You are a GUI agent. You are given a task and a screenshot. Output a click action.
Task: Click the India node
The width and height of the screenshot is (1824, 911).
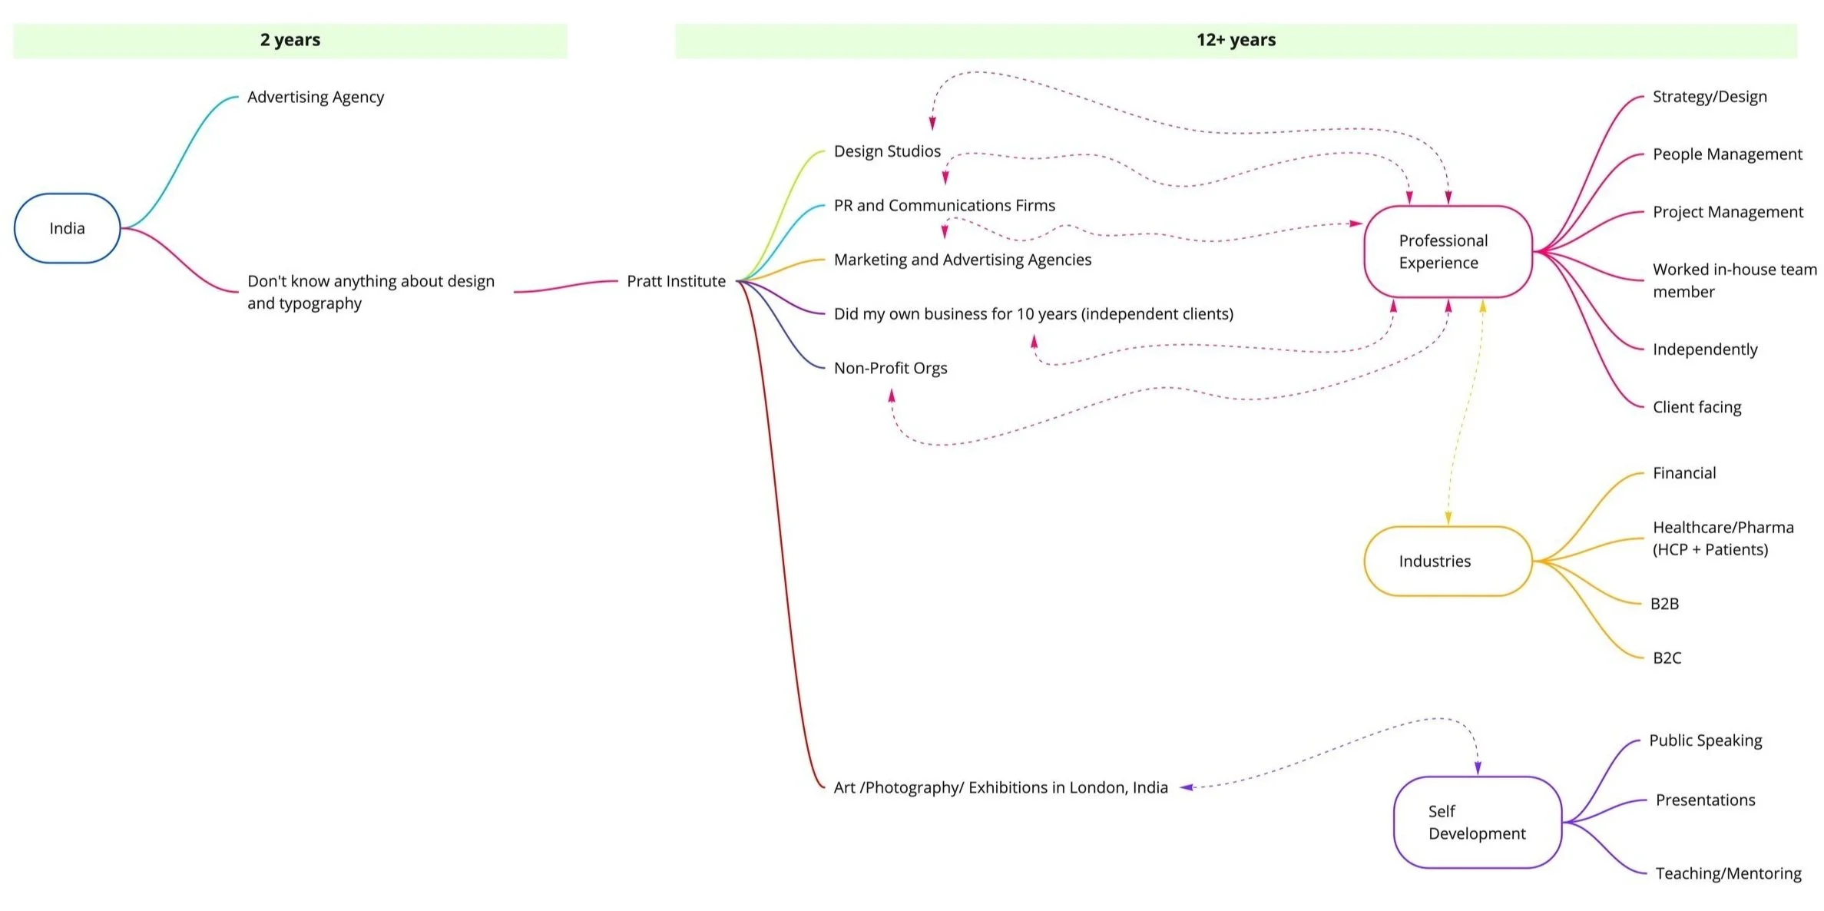click(x=67, y=228)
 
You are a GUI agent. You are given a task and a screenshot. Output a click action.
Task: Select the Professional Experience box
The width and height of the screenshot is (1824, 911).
click(x=1447, y=251)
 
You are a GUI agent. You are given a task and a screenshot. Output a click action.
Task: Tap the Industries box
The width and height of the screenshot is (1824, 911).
click(x=1447, y=561)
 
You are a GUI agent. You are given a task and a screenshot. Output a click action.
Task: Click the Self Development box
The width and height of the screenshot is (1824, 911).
click(x=1476, y=822)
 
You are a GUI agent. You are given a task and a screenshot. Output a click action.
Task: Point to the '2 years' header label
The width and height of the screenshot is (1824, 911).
click(x=290, y=40)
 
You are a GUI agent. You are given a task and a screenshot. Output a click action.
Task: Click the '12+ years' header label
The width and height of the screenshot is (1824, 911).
click(x=1235, y=40)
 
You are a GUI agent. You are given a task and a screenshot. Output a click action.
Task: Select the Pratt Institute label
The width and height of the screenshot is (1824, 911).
click(x=676, y=281)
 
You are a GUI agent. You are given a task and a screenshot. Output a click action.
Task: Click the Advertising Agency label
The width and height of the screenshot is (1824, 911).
click(x=315, y=98)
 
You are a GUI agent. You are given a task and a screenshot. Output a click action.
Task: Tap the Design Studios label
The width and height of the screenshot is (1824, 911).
click(x=887, y=151)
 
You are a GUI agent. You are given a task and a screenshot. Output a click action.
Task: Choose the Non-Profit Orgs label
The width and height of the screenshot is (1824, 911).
click(x=890, y=368)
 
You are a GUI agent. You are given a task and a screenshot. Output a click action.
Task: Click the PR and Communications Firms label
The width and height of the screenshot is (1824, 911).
click(x=944, y=206)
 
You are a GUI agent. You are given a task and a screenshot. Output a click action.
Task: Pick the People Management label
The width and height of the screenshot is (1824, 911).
click(x=1726, y=154)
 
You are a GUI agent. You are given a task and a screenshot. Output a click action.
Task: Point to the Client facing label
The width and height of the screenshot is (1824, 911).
click(x=1697, y=407)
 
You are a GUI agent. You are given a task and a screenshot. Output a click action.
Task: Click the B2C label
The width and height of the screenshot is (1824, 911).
click(x=1667, y=658)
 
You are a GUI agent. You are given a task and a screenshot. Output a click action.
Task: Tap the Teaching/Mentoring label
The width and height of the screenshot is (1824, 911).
click(x=1727, y=873)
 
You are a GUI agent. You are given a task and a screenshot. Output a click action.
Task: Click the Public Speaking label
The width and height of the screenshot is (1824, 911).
click(x=1705, y=740)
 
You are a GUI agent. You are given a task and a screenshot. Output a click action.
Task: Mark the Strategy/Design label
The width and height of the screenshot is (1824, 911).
click(x=1709, y=97)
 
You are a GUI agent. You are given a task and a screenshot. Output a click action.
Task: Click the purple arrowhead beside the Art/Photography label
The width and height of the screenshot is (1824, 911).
click(x=1187, y=787)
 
